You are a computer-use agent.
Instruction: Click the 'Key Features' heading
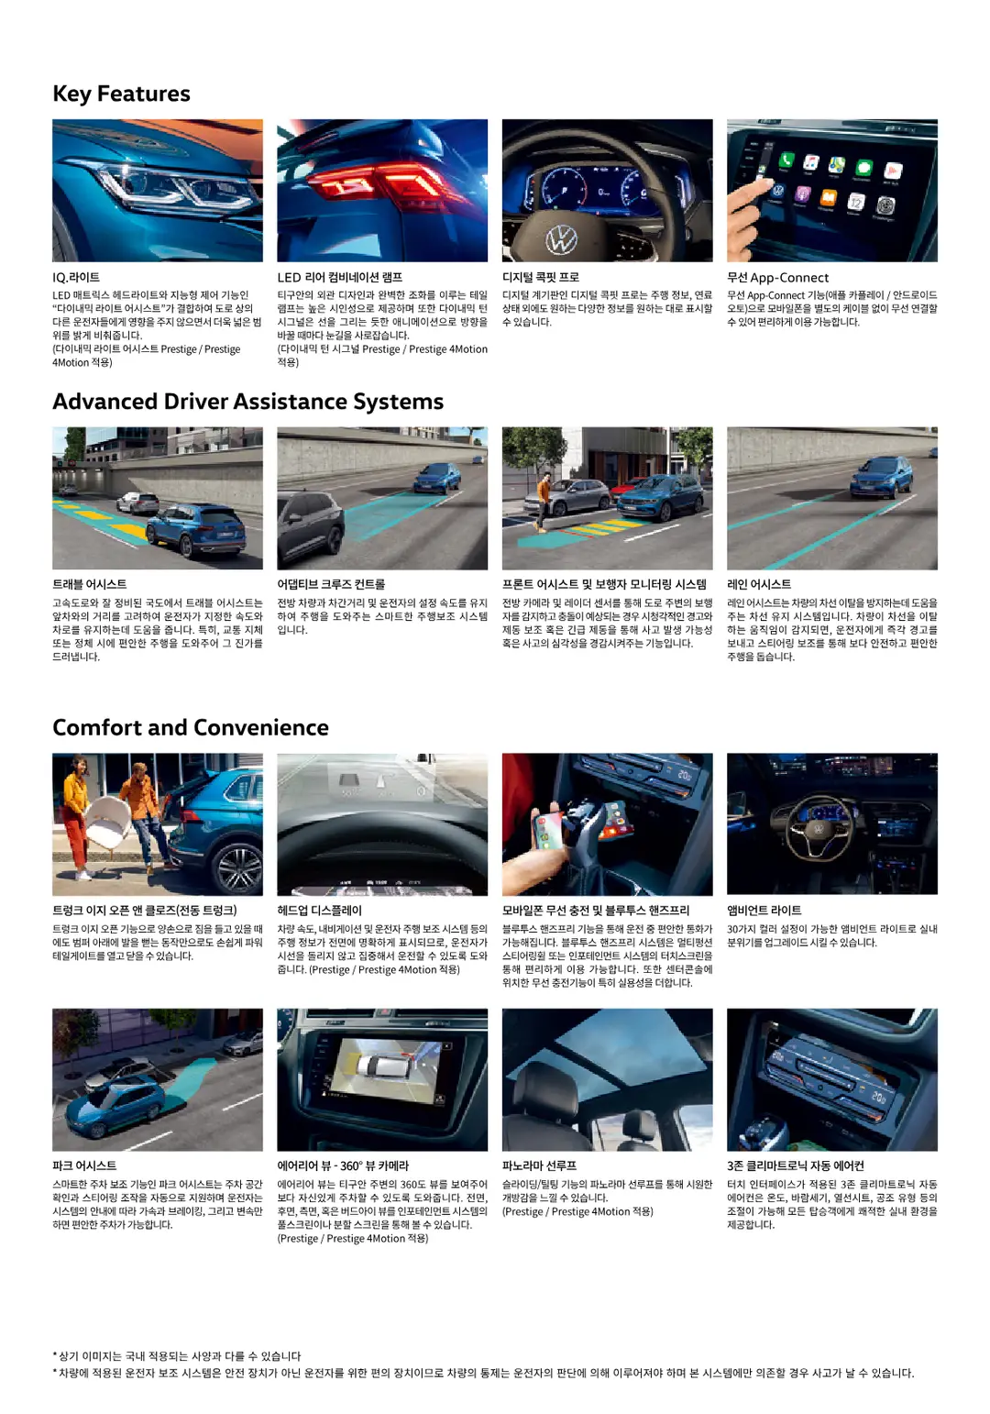[121, 94]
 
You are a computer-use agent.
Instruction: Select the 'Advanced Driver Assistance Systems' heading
[248, 402]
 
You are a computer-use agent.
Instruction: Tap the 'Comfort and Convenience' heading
[191, 727]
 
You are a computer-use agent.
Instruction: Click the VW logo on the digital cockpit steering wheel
[560, 240]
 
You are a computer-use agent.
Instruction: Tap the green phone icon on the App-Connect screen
[786, 160]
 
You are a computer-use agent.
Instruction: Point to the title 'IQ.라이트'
[76, 277]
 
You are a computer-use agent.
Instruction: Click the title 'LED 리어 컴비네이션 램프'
[339, 277]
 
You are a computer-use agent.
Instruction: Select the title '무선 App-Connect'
[777, 277]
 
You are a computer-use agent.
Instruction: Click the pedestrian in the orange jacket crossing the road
[544, 502]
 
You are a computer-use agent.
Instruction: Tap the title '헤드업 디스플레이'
[319, 911]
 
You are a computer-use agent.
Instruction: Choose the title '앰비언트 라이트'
[764, 911]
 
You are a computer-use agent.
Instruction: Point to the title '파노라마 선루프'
[539, 1165]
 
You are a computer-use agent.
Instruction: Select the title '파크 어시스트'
[84, 1165]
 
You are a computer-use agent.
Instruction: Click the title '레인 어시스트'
[758, 584]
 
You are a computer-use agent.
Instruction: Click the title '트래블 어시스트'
[89, 584]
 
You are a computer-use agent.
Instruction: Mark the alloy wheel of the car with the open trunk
[239, 871]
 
